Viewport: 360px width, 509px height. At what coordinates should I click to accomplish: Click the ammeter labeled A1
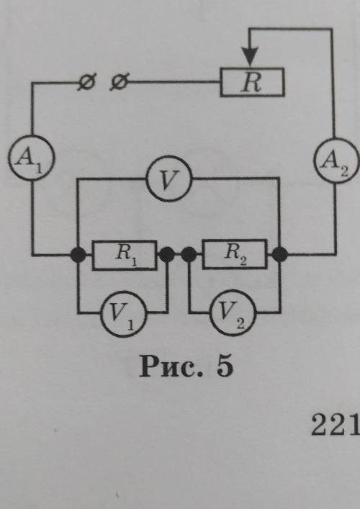click(32, 158)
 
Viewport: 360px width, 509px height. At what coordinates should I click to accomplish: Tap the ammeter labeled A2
click(336, 161)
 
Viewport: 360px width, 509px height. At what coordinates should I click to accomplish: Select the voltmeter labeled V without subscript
click(168, 179)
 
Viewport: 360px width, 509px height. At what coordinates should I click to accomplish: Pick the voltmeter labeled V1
click(123, 312)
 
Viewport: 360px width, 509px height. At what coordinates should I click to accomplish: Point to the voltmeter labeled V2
click(233, 312)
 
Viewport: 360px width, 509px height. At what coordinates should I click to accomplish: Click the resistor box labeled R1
click(125, 255)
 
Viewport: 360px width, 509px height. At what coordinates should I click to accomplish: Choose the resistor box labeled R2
click(235, 254)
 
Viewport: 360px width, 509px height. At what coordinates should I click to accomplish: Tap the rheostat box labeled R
click(252, 82)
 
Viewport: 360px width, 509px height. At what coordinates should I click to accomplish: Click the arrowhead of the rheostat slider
click(250, 56)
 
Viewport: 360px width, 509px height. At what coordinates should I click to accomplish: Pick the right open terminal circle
click(119, 81)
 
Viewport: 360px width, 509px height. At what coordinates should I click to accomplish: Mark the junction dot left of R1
click(78, 255)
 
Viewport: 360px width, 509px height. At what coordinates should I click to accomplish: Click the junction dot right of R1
click(167, 255)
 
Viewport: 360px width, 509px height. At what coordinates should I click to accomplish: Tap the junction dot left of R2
click(189, 255)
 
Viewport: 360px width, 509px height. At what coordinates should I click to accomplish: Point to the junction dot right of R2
click(279, 255)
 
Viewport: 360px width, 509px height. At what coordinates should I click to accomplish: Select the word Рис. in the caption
click(171, 367)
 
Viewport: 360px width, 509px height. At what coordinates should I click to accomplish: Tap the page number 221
click(336, 425)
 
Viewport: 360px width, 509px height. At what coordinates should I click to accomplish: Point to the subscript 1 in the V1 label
click(130, 325)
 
